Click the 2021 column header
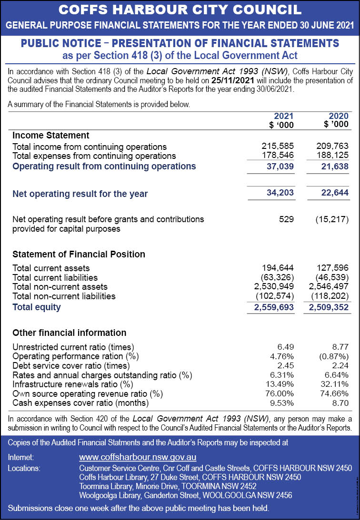(x=283, y=116)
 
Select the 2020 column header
(x=338, y=116)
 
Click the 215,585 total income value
(x=278, y=146)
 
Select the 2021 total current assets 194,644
(x=278, y=268)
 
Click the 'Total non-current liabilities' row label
(x=64, y=296)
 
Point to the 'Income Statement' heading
(x=51, y=136)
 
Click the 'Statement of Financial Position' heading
(x=79, y=255)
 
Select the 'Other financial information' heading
(x=69, y=333)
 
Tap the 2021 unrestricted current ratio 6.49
(x=285, y=346)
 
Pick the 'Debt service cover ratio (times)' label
(x=71, y=365)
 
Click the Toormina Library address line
(x=168, y=486)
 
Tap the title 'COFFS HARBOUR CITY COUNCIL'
(x=180, y=10)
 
